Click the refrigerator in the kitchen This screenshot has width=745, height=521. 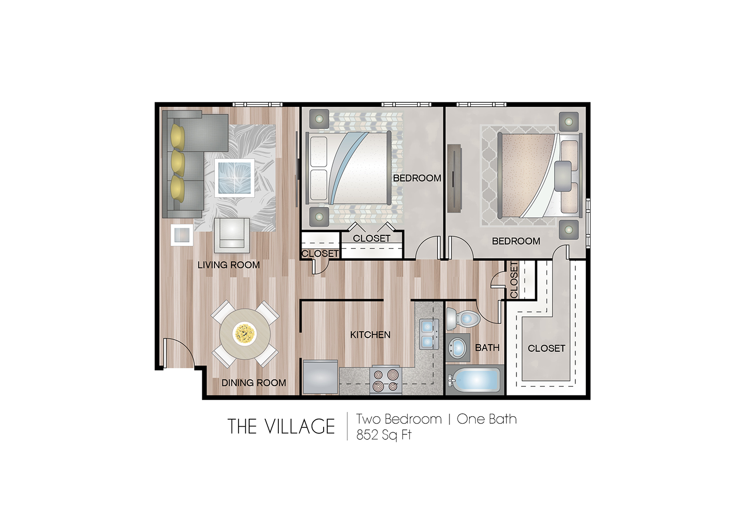coord(321,377)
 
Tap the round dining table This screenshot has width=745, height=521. coord(245,334)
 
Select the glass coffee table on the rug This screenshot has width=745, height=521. coord(234,177)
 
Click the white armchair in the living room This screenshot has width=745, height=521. coord(232,234)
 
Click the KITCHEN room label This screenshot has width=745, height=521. coord(370,335)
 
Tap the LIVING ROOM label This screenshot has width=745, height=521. coord(229,265)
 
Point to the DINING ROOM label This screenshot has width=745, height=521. coord(254,383)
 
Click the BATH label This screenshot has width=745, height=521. coord(487,348)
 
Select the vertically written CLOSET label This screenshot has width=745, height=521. coord(514,280)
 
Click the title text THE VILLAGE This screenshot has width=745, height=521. coord(281,427)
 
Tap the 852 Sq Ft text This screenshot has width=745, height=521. coord(384,435)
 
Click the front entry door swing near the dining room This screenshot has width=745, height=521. coord(176,353)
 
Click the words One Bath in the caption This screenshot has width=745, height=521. coord(486,419)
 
